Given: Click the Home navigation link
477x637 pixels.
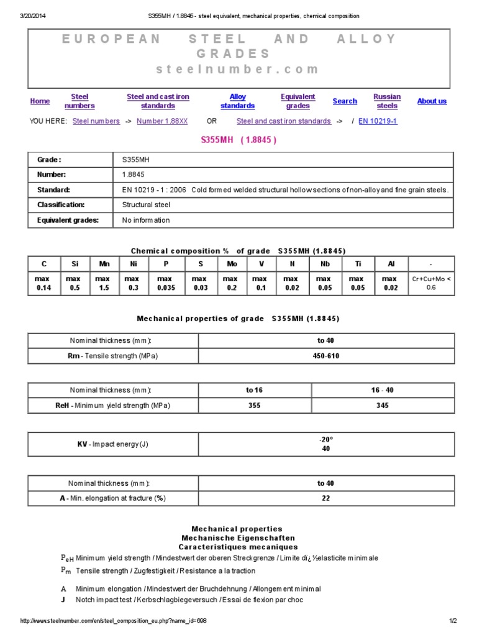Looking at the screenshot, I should [40, 101].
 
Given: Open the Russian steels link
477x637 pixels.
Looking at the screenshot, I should [387, 101].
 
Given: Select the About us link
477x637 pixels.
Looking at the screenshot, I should [432, 101].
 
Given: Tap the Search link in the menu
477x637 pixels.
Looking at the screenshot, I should [345, 101].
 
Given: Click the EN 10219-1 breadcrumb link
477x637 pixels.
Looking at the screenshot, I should [378, 121].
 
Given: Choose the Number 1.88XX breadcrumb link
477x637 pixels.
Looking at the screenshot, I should [162, 121].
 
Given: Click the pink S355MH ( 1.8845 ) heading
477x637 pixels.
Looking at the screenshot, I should [238, 140].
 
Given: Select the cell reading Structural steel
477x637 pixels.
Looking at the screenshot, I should [146, 205].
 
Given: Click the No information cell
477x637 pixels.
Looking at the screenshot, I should [146, 220].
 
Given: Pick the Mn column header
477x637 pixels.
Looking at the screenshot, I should [104, 264].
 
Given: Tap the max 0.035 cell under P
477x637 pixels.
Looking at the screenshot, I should [166, 284].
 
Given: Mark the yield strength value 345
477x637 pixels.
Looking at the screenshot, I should [383, 406].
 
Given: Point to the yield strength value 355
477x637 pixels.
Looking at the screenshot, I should [254, 406].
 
